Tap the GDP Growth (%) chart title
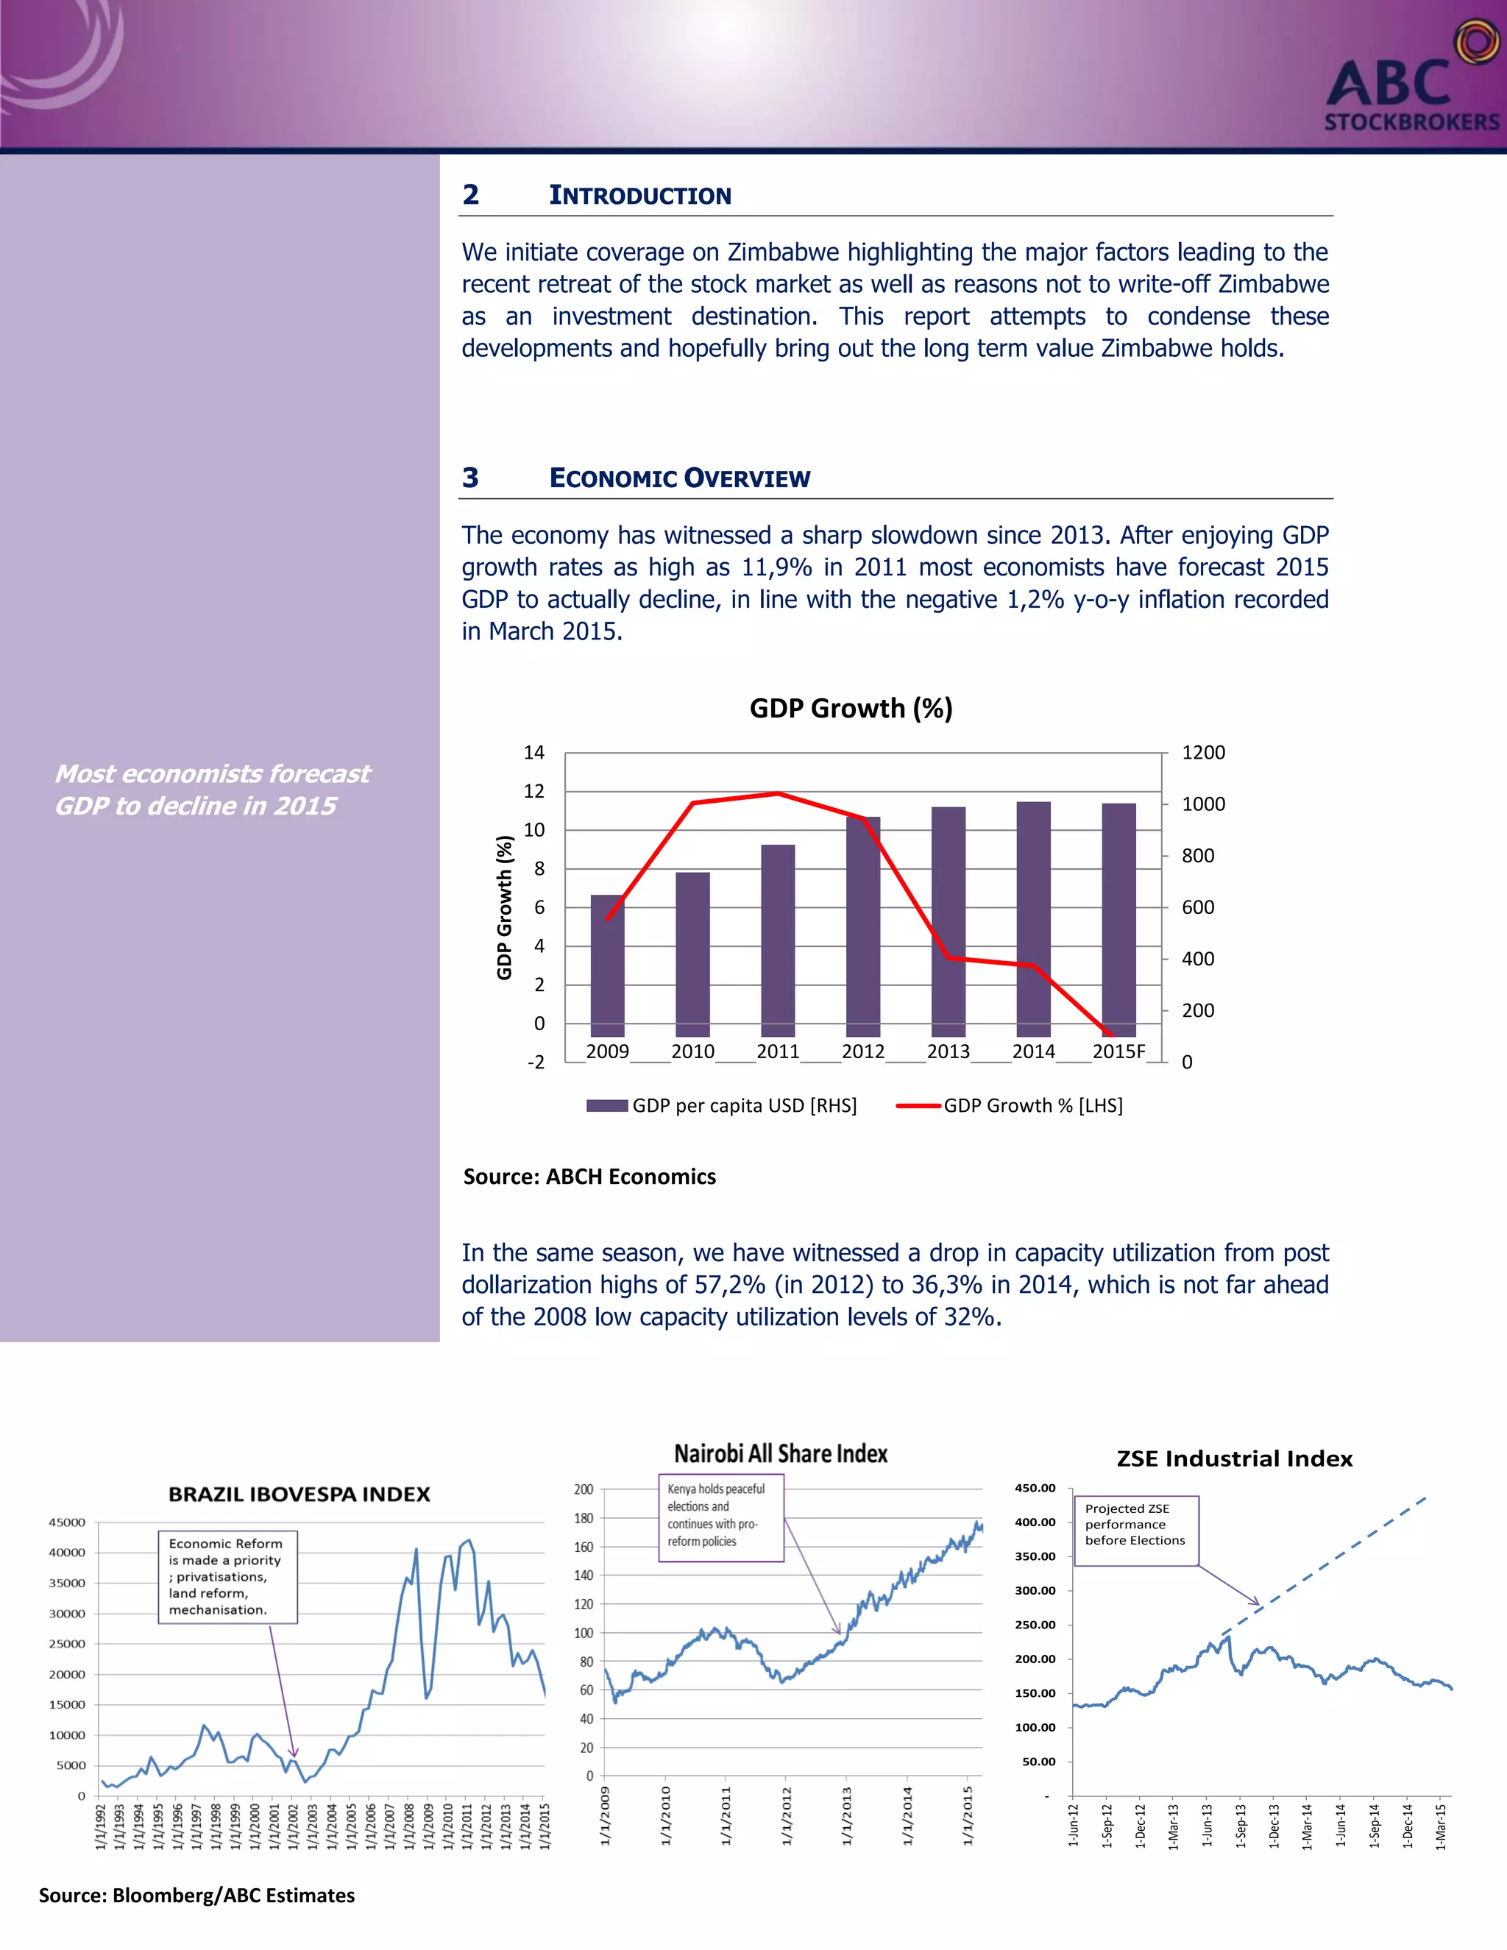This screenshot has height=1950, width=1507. (851, 708)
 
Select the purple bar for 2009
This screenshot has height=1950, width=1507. (607, 964)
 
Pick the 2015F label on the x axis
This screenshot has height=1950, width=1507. (1118, 1052)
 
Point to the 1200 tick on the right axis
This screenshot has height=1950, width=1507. (1202, 753)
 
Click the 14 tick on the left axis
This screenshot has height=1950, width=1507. (534, 753)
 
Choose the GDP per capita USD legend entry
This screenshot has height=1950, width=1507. (723, 1105)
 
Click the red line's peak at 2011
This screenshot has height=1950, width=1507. (778, 793)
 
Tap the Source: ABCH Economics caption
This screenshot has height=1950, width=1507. (589, 1177)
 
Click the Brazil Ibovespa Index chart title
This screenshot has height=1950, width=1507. (299, 1495)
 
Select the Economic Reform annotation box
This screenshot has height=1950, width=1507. (227, 1577)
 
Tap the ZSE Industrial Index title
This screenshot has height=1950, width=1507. (1235, 1459)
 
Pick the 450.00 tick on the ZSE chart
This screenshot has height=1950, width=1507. (1035, 1489)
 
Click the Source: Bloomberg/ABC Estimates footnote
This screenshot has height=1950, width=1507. (196, 1896)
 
